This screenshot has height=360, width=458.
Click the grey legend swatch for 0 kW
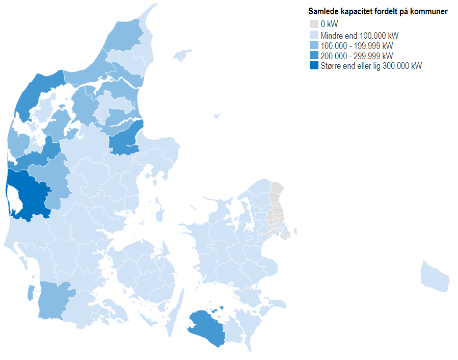[x=314, y=24]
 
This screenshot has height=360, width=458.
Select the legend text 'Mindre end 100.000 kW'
[x=359, y=36]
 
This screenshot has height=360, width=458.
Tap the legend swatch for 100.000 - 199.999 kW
[x=314, y=45]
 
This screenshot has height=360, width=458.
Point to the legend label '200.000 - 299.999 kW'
[x=356, y=56]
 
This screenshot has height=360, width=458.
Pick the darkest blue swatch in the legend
[x=314, y=66]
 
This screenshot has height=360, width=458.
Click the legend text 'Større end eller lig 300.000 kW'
[x=371, y=66]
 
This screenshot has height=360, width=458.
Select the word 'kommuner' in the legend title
[x=431, y=12]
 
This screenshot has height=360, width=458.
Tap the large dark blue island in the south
[x=206, y=326]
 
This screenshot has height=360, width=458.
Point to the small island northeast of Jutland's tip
[x=182, y=55]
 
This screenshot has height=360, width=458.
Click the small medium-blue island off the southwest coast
[x=31, y=293]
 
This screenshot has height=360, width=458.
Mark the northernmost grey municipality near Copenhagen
[x=277, y=190]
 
